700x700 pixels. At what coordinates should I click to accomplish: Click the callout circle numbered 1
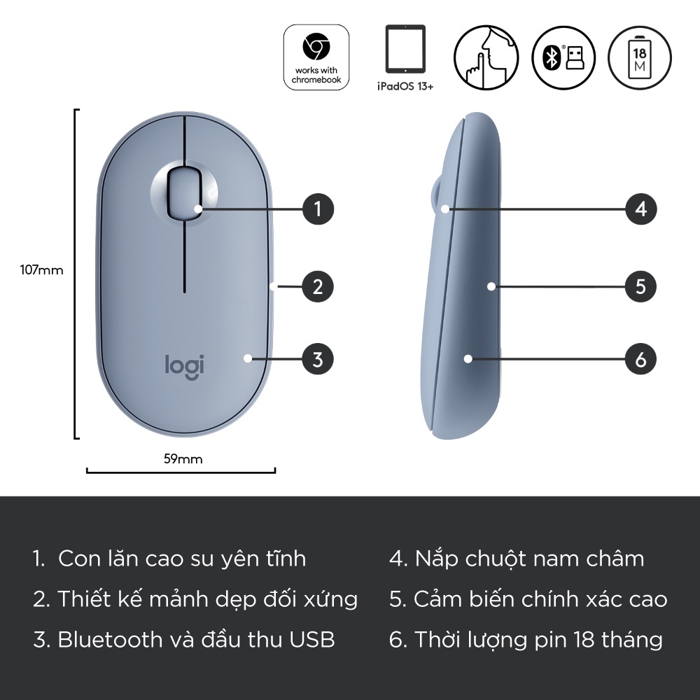318,209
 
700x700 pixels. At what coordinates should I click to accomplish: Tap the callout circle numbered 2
318,286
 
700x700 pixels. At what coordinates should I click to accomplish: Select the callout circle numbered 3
318,359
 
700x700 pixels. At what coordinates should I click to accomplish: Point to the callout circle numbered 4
640,209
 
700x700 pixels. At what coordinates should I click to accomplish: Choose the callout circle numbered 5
640,286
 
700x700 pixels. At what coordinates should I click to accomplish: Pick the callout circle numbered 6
640,359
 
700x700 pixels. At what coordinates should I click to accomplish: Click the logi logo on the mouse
185,365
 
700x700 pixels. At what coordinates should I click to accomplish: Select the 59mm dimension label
183,459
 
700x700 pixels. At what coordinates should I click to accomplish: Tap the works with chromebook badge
316,57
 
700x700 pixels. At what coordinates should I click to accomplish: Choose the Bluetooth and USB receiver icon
563,57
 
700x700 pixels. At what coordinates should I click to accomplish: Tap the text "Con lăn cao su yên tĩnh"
182,559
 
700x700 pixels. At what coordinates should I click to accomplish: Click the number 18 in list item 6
584,639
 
